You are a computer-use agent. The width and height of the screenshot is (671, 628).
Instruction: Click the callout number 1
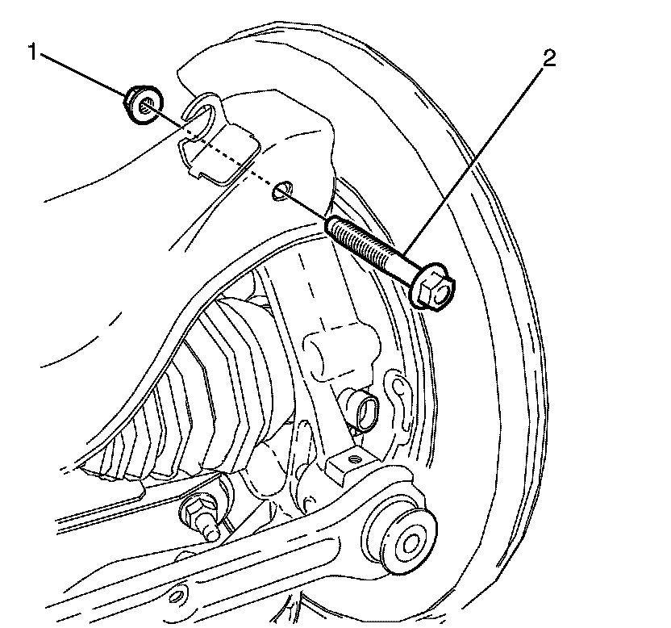point(33,52)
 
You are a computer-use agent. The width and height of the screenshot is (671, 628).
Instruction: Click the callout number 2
point(548,58)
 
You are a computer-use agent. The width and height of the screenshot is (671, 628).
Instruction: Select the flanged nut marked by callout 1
point(142,105)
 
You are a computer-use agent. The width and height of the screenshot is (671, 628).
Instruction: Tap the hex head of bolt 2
point(433,289)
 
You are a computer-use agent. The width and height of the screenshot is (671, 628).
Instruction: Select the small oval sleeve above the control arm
point(363,410)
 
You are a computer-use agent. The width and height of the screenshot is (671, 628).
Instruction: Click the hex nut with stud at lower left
point(198,512)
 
